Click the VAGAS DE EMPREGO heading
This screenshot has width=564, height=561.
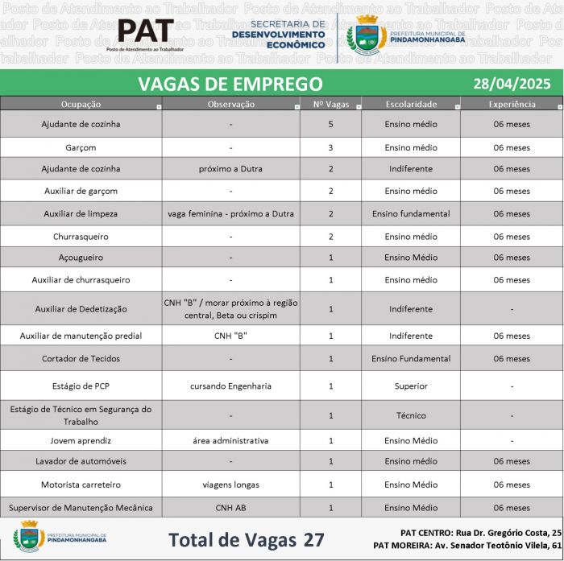230,84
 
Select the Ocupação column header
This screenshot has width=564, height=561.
81,104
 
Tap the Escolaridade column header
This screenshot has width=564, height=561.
411,104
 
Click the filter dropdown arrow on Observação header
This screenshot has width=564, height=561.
297,106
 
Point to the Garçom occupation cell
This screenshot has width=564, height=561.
81,147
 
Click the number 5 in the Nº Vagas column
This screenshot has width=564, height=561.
330,125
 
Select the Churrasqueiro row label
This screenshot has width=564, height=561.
81,237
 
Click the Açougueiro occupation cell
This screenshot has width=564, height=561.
81,258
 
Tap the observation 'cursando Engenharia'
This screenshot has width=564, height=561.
230,386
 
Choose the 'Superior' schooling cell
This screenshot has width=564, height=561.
411,386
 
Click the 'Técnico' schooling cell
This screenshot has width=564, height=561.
411,415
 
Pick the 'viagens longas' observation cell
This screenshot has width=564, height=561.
230,485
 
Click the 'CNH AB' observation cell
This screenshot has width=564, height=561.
230,508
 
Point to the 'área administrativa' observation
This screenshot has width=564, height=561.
230,440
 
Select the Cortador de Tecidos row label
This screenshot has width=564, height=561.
81,358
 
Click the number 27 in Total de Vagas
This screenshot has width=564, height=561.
313,539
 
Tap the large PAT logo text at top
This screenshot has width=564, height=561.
146,32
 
